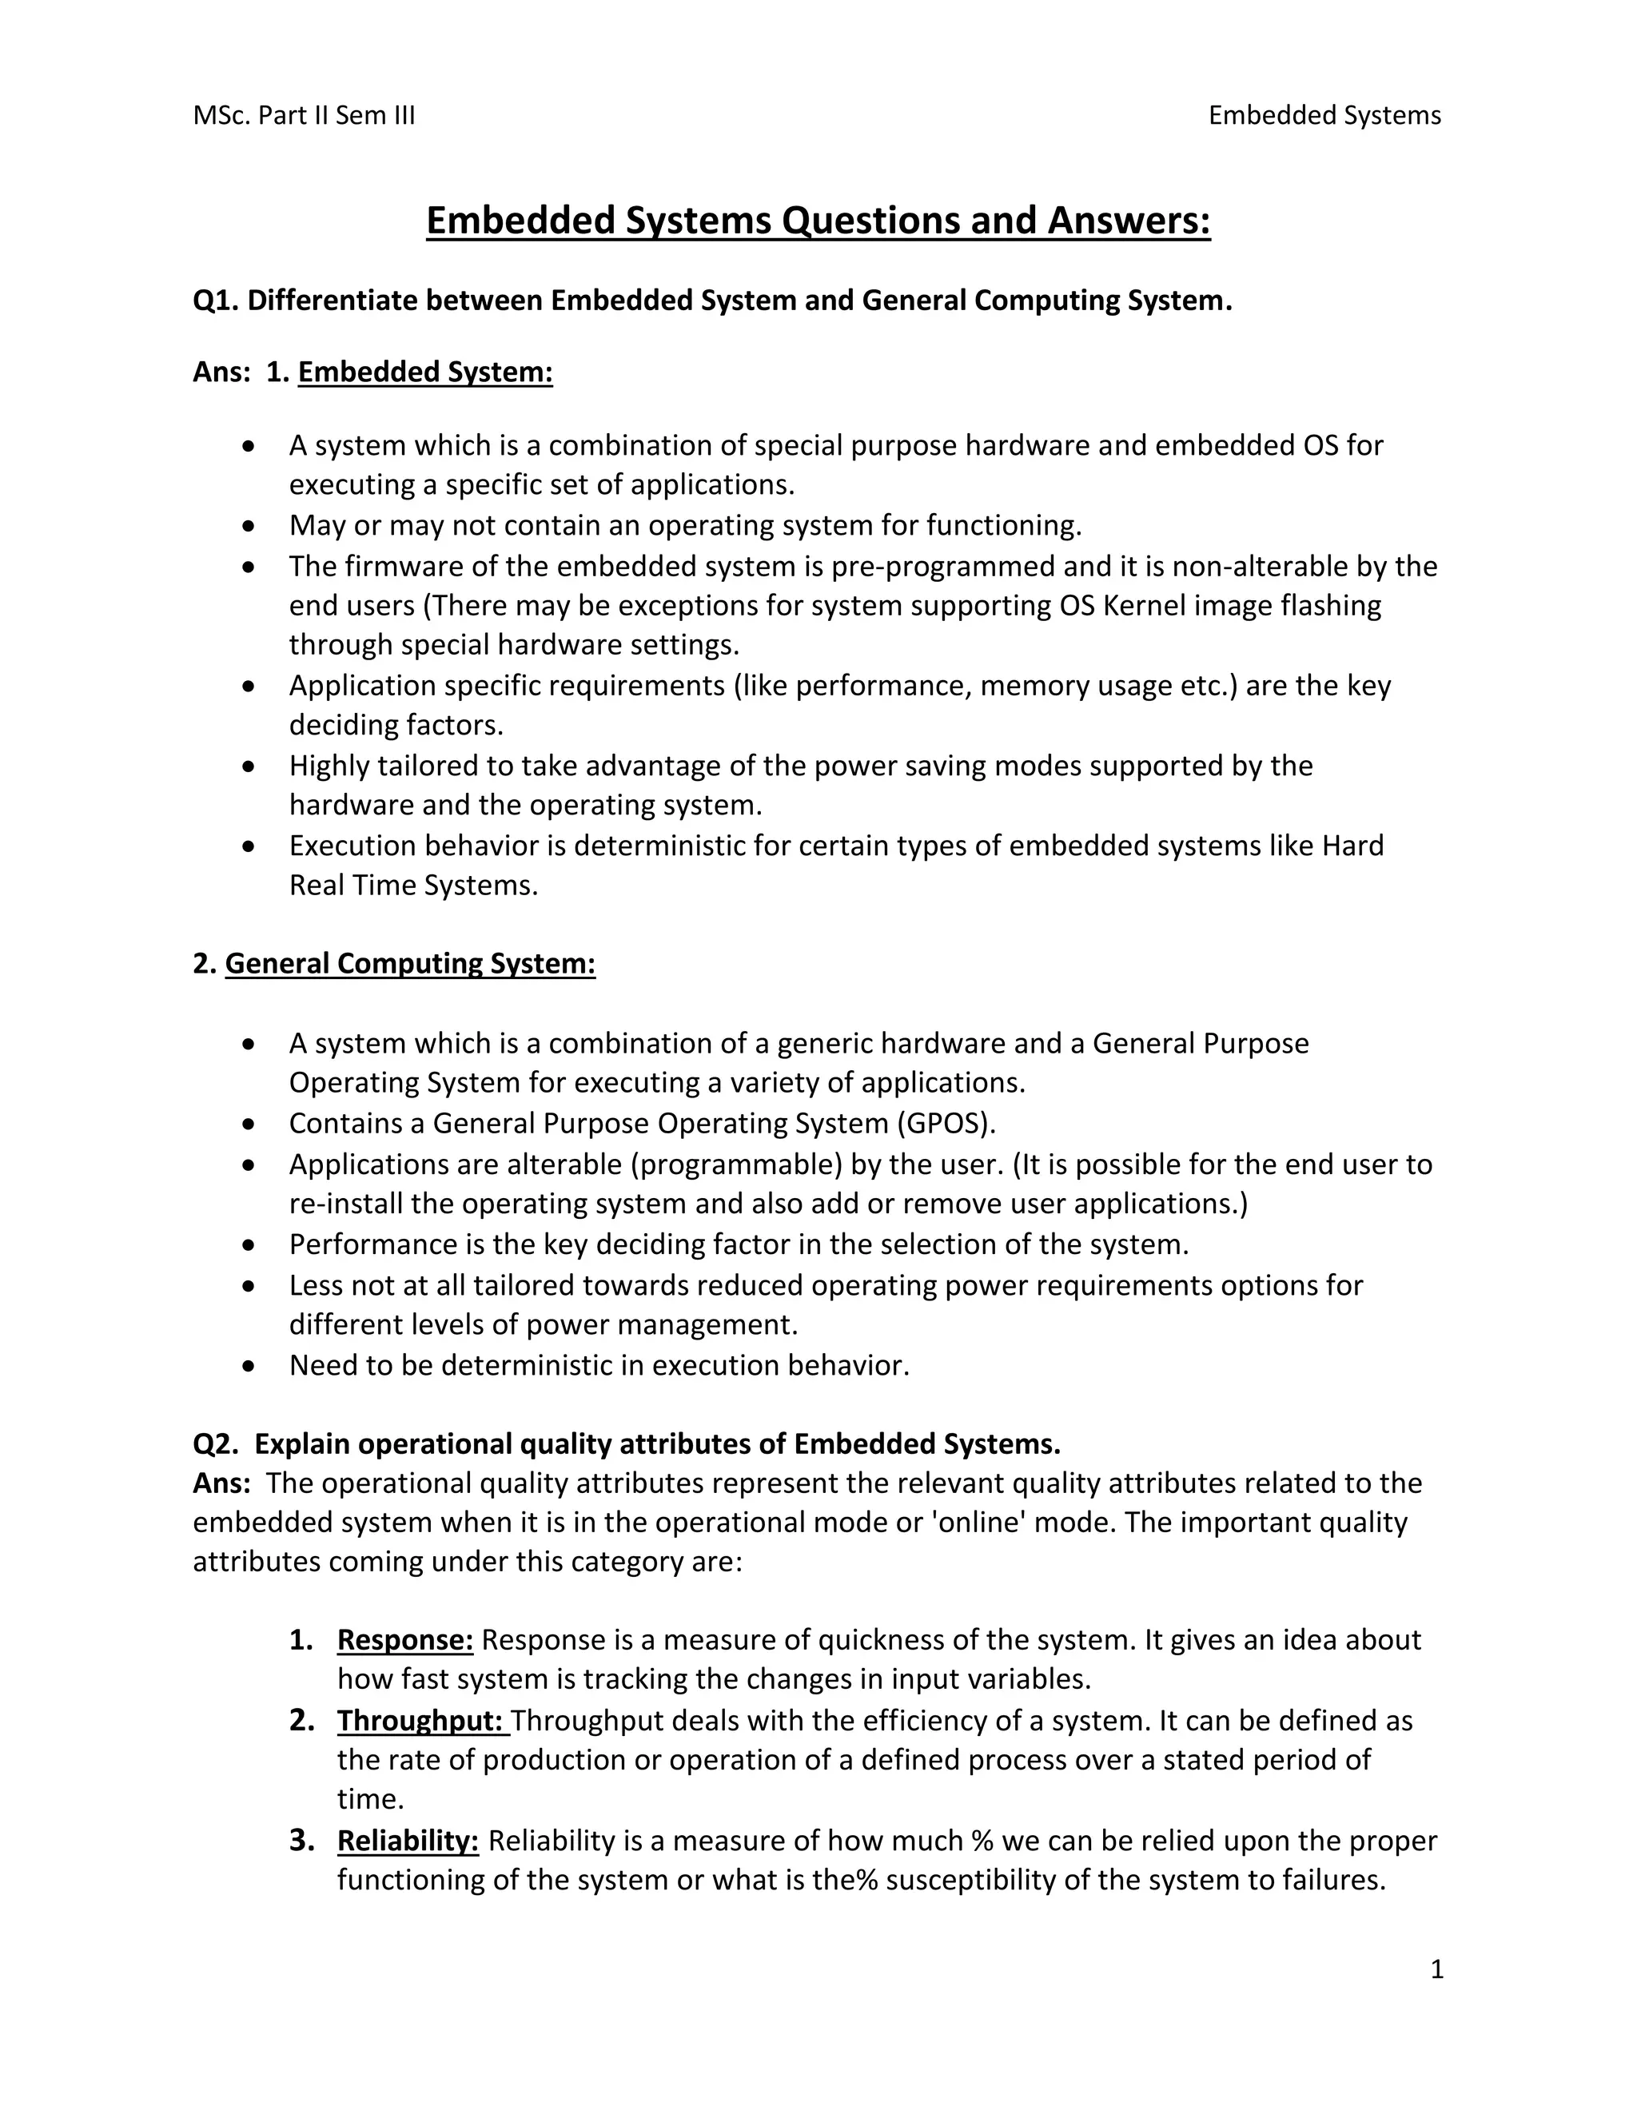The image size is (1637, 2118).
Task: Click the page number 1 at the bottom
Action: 1436,1969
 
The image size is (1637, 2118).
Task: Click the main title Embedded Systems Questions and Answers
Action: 818,221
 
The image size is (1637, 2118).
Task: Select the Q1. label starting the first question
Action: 215,301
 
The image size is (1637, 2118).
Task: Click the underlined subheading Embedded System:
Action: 424,372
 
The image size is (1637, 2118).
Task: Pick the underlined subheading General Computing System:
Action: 409,964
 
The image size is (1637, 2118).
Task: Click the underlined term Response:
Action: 404,1640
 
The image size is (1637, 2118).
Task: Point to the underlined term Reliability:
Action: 408,1841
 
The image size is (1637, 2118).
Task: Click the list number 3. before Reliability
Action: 301,1841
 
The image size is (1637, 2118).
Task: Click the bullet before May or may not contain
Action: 250,527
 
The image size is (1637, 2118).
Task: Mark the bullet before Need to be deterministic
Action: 250,1367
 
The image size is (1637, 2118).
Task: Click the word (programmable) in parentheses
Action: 736,1164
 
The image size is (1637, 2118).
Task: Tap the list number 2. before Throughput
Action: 301,1721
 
